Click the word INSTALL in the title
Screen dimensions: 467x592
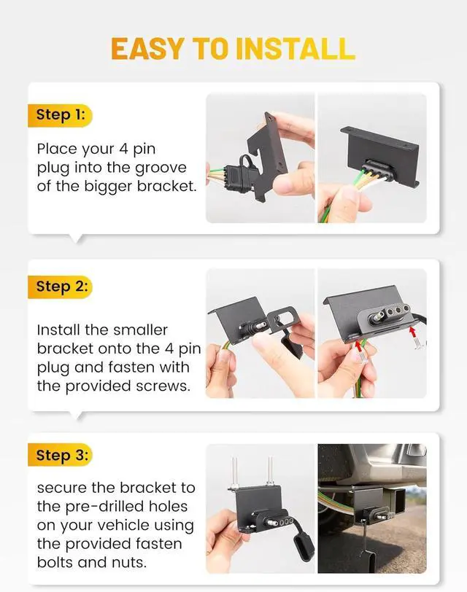tap(295, 49)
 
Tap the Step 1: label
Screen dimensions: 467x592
tap(60, 114)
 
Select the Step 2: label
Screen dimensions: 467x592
tap(61, 287)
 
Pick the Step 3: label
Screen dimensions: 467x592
tap(61, 455)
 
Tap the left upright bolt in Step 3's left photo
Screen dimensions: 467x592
tap(235, 472)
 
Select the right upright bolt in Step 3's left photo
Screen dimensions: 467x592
tap(270, 470)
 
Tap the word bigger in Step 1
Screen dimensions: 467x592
tap(108, 187)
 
